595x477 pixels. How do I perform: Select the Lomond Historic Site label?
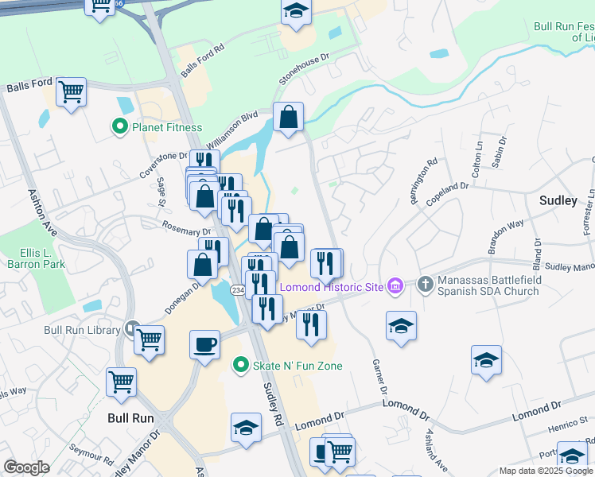coord(329,285)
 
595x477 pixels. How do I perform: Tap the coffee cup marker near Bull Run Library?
coord(204,345)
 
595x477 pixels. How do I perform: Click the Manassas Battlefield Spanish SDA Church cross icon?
coord(426,284)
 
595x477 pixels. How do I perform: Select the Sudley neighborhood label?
coord(558,200)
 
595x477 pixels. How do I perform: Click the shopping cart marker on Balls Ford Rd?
coord(71,92)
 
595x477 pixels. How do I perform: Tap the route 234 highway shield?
coord(237,292)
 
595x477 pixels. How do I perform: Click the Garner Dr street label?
coord(379,378)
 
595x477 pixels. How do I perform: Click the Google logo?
coord(27,467)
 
